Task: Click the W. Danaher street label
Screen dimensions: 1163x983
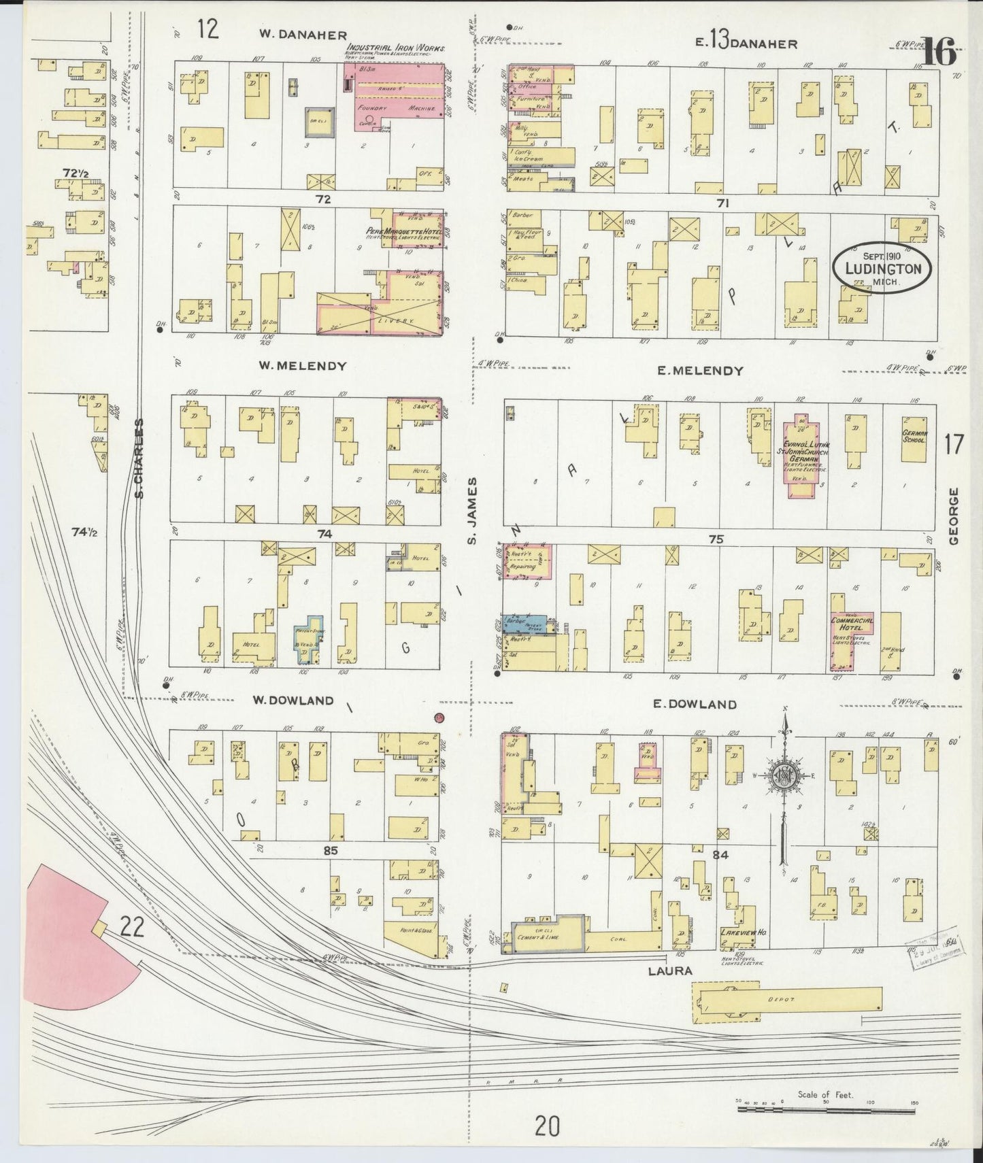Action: (x=303, y=35)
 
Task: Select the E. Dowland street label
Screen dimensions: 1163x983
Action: (x=694, y=705)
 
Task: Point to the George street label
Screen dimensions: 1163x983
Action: (x=954, y=516)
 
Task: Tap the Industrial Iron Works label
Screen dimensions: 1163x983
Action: (x=395, y=49)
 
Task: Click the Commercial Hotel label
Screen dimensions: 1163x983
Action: (x=852, y=624)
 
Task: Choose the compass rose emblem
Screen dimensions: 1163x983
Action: (x=785, y=775)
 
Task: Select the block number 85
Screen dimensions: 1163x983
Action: (x=331, y=850)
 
